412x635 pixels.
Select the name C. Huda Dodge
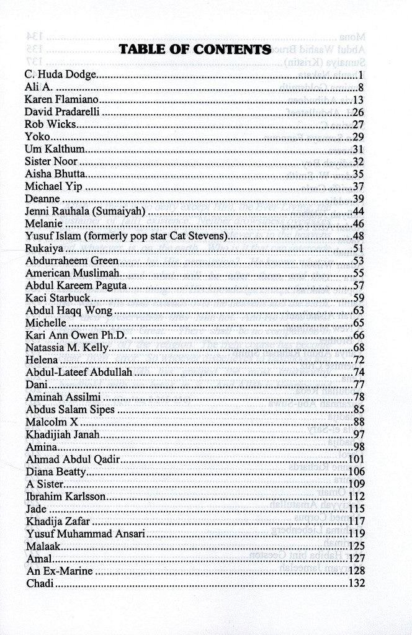(61, 75)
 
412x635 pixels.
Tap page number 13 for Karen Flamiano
(359, 100)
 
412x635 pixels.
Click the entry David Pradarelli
(63, 112)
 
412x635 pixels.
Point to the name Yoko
(37, 137)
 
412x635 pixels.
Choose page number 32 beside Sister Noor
(359, 162)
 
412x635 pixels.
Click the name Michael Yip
(54, 187)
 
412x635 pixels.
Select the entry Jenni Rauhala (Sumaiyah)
(85, 211)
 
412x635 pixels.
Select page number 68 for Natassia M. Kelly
(359, 347)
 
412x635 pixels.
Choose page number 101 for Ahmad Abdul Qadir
(356, 460)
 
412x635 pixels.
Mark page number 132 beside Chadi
(356, 584)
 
